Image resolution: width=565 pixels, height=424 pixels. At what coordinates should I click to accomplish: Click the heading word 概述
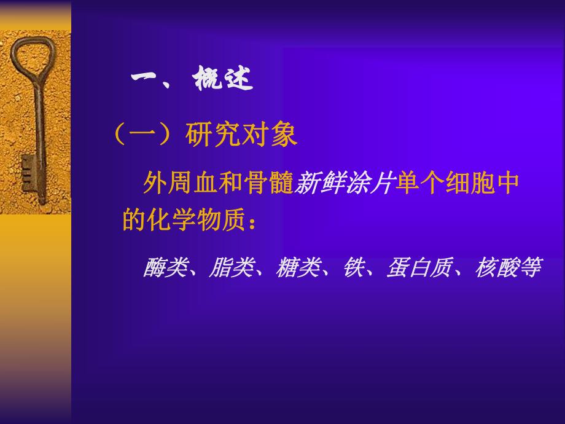[x=223, y=80]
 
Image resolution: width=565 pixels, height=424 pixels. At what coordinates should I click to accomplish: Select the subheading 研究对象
[x=241, y=134]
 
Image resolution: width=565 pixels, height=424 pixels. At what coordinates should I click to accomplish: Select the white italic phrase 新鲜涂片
[x=343, y=183]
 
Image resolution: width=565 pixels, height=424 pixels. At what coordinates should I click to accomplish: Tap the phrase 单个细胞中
[x=458, y=183]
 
